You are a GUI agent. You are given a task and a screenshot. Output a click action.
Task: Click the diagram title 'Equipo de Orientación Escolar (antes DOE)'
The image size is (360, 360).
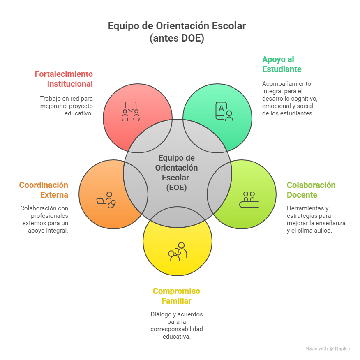(177, 32)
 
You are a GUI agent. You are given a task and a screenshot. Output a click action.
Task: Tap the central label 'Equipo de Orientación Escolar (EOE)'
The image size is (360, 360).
(177, 173)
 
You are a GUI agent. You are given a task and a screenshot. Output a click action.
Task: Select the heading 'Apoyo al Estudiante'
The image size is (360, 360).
(282, 64)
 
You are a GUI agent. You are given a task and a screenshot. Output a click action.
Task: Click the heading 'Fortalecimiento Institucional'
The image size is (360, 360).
(64, 79)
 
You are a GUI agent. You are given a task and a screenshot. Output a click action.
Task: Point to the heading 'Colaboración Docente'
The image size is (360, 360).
(311, 189)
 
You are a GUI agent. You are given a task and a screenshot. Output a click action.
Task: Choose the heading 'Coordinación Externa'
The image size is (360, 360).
(44, 190)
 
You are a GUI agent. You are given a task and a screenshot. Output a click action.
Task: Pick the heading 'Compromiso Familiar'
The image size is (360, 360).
(176, 296)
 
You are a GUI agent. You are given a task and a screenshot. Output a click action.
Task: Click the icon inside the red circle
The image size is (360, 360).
(131, 111)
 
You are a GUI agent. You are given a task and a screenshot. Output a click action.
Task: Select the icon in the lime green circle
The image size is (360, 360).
(249, 200)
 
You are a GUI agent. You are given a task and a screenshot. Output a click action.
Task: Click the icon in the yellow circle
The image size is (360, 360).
(178, 252)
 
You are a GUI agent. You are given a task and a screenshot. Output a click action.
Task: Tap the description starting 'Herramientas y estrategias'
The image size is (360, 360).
(316, 219)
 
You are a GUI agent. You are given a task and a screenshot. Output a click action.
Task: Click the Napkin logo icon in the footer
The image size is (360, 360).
(332, 348)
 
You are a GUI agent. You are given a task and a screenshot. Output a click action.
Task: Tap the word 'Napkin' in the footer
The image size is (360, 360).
(342, 348)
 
